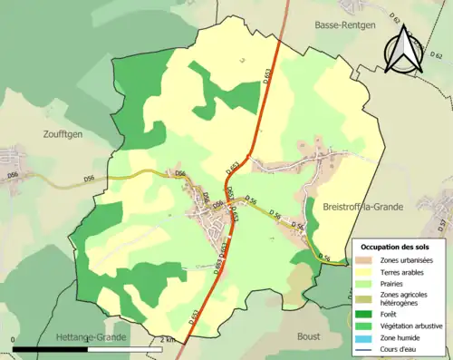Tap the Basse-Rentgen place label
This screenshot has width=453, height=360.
[x=344, y=25]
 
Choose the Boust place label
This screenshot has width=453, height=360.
[x=309, y=336]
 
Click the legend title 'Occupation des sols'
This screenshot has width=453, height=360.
[x=396, y=247]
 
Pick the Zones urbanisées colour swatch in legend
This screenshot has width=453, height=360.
[x=368, y=260]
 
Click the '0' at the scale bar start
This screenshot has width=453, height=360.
[x=14, y=340]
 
